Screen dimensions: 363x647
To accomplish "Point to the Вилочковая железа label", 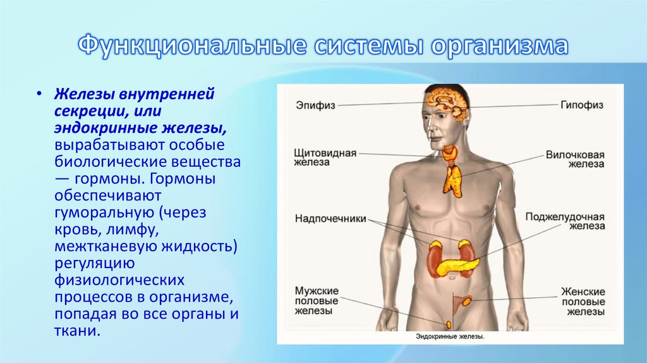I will pos(574,161).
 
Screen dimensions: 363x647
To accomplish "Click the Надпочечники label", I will pos(330,218).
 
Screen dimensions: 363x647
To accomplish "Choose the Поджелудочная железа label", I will pos(565,221).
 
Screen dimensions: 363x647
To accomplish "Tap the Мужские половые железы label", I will pos(317,301).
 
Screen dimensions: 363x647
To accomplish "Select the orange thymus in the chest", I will pos(452,179).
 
